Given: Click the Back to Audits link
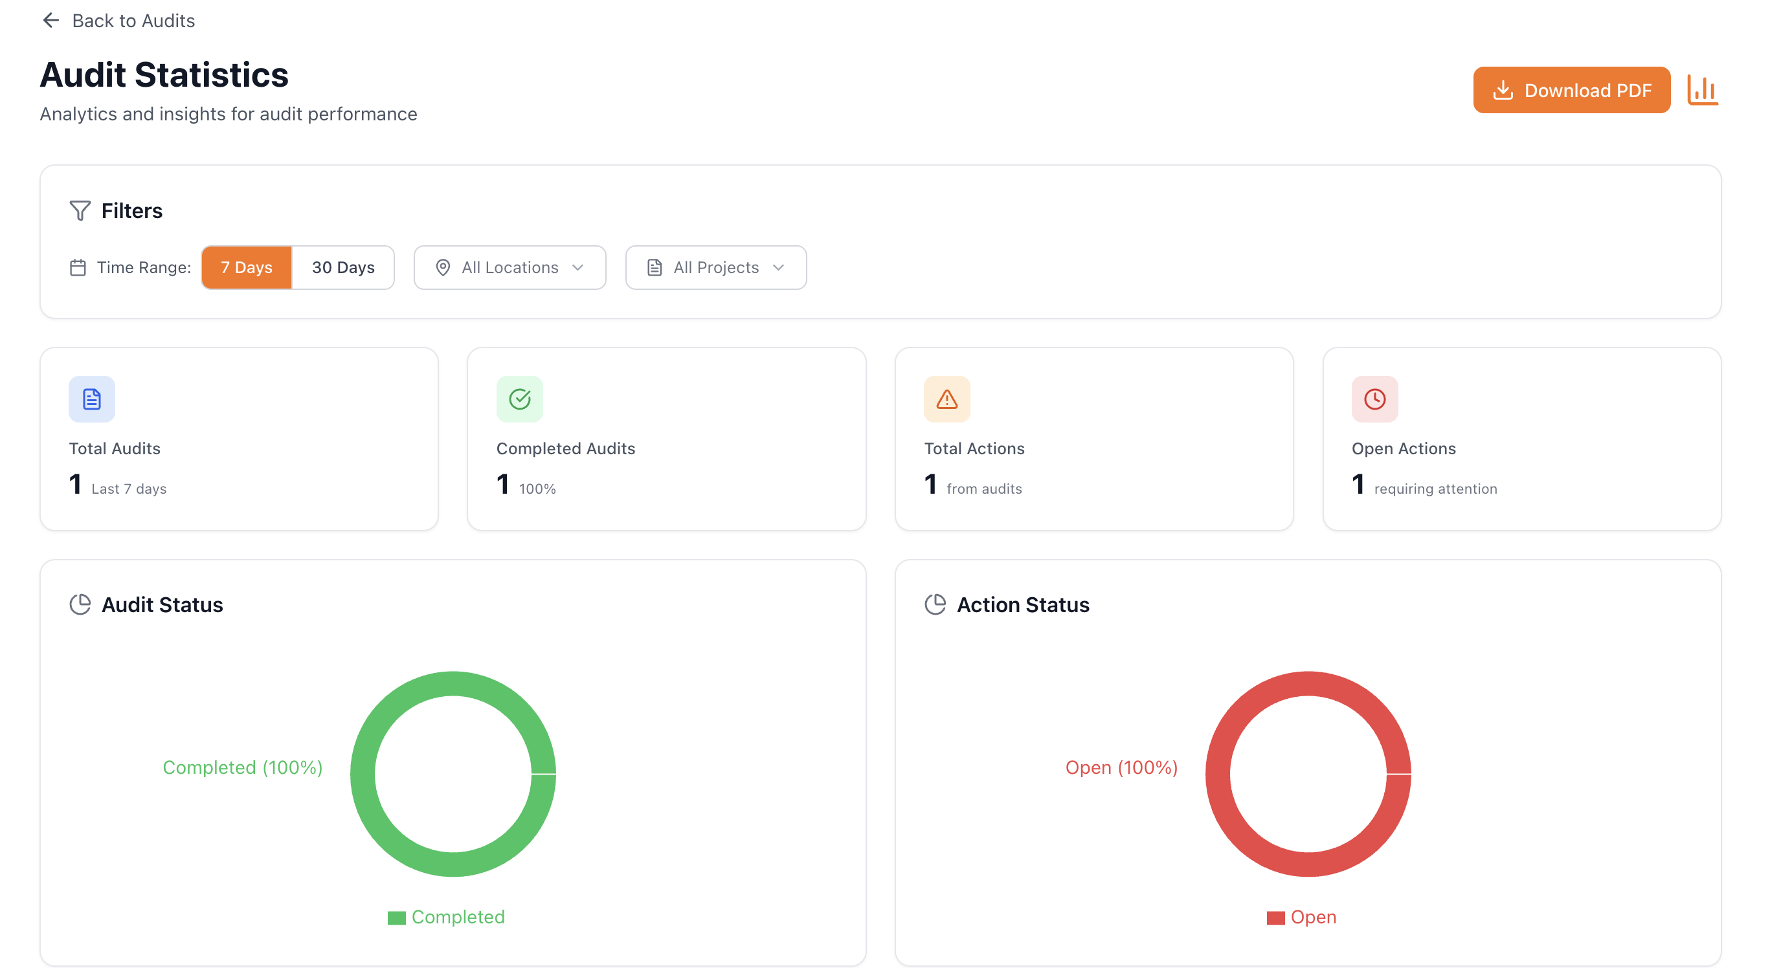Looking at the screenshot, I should coord(118,21).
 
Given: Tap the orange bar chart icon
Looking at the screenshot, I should coord(1702,91).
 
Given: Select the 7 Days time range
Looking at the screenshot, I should coord(246,268).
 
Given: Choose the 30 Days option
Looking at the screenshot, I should coord(343,268).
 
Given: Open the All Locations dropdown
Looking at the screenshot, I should coord(510,268).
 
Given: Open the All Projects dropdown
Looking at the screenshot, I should coord(715,268).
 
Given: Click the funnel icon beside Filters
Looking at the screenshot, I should coord(80,211).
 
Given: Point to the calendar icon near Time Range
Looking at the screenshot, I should coord(78,268).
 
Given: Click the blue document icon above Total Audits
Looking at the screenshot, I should coord(92,399).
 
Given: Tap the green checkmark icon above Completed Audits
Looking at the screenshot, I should coord(520,399).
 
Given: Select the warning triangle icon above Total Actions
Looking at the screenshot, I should coord(946,399).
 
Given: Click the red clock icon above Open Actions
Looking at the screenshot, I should coord(1374,399).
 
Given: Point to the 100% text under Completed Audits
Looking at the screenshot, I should coord(537,489).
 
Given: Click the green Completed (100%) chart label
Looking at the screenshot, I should coord(242,767).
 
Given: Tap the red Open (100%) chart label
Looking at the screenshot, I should coord(1121,767).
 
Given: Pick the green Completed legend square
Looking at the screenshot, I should coord(396,918).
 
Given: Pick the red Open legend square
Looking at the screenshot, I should coord(1276,918).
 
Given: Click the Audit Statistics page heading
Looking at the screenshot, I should coord(164,75).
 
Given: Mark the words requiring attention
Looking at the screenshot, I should coord(1436,489).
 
